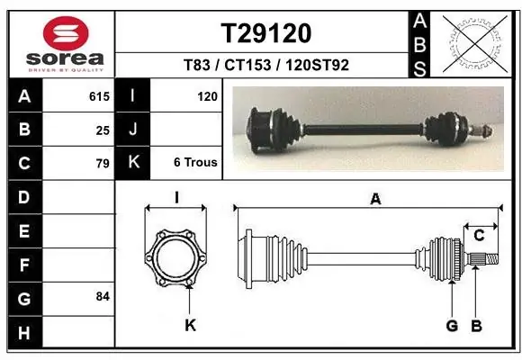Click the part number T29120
click(x=266, y=33)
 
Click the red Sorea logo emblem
click(x=66, y=33)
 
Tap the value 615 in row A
click(x=99, y=96)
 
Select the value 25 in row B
click(x=103, y=130)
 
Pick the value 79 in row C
click(x=103, y=164)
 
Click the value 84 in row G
click(x=103, y=296)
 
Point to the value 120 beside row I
click(x=207, y=96)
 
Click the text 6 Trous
click(x=195, y=162)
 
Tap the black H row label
click(x=25, y=332)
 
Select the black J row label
click(x=132, y=129)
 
